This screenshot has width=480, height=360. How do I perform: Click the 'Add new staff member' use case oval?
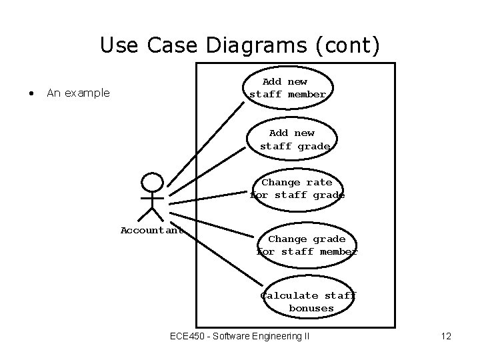click(x=288, y=88)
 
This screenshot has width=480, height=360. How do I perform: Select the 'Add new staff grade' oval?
click(x=295, y=139)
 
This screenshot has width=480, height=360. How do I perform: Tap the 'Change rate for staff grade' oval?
click(x=297, y=189)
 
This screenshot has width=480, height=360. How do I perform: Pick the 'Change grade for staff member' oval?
click(x=307, y=245)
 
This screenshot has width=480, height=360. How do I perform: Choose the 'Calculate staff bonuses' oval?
click(x=309, y=301)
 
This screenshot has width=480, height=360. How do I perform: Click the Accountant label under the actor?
click(x=151, y=231)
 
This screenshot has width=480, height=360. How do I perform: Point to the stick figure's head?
click(x=153, y=182)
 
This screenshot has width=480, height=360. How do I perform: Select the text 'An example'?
click(x=78, y=93)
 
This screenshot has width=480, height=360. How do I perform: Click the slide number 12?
click(x=446, y=336)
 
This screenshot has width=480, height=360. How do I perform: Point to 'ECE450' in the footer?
click(x=188, y=336)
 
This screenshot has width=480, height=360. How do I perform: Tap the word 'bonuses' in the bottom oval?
click(x=311, y=309)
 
